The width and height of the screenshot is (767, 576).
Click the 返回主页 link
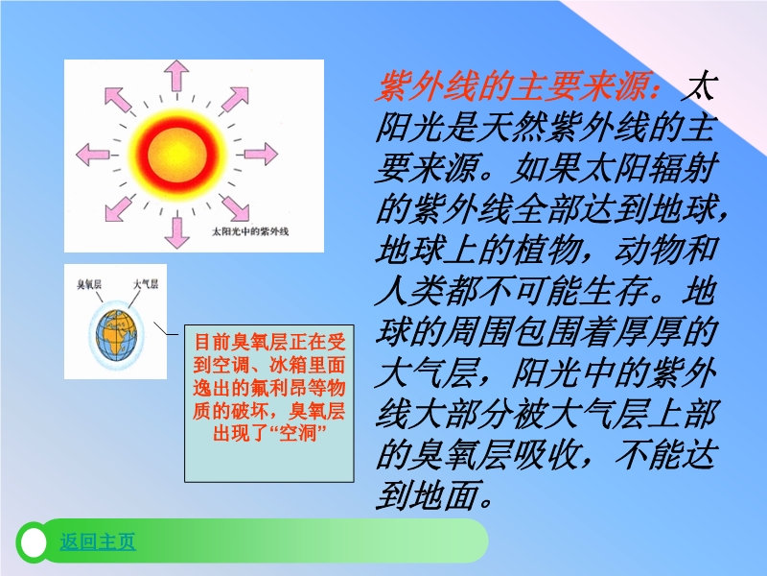pos(98,541)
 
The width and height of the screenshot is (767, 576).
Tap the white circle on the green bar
pos(34,542)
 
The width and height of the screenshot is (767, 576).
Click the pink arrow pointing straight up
pos(176,76)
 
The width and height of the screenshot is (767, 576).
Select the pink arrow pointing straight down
pos(176,232)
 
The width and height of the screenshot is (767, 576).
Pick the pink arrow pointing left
pos(92,155)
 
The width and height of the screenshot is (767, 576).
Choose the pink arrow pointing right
pos(261,154)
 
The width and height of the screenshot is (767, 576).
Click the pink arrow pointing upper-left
pos(118,100)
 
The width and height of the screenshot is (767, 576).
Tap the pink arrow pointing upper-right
pos(236,100)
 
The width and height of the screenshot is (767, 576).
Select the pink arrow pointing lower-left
pos(118,208)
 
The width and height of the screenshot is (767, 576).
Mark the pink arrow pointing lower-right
pos(235,207)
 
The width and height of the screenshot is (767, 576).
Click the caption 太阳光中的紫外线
pos(250,231)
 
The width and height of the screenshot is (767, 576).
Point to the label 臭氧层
pos(89,284)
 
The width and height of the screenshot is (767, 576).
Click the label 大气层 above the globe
pos(146,284)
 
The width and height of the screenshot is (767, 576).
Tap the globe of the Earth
pos(116,335)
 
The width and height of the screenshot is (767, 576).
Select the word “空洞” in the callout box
pos(297,433)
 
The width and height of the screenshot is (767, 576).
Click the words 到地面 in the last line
pos(427,494)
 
